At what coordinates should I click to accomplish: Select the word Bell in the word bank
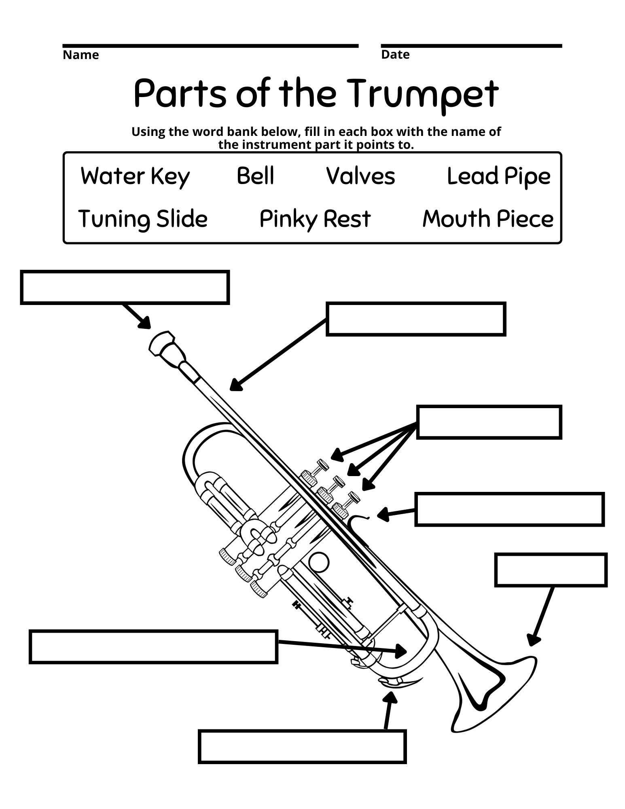(x=255, y=176)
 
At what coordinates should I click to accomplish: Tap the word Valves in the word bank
(x=360, y=176)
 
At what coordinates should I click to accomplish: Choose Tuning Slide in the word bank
(x=143, y=219)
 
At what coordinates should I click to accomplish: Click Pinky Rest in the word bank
(x=315, y=219)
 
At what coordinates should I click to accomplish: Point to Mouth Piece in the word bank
(x=487, y=219)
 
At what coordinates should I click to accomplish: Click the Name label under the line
(x=81, y=55)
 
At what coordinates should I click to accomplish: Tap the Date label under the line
(x=395, y=55)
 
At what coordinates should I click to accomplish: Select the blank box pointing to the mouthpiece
(x=125, y=287)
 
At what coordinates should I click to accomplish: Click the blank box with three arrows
(x=489, y=422)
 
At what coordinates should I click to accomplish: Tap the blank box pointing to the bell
(x=550, y=570)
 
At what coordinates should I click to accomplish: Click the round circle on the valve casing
(x=318, y=563)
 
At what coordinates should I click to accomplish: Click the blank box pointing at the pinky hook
(x=509, y=509)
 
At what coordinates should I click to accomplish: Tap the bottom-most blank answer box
(x=302, y=747)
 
